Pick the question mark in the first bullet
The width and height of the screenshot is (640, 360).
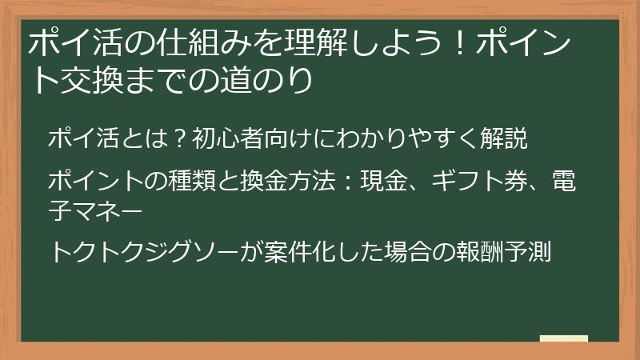coord(179,138)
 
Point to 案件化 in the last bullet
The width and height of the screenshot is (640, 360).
coord(301,252)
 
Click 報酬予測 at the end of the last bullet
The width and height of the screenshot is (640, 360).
coord(517,252)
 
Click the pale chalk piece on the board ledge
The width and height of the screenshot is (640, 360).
coord(563,339)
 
